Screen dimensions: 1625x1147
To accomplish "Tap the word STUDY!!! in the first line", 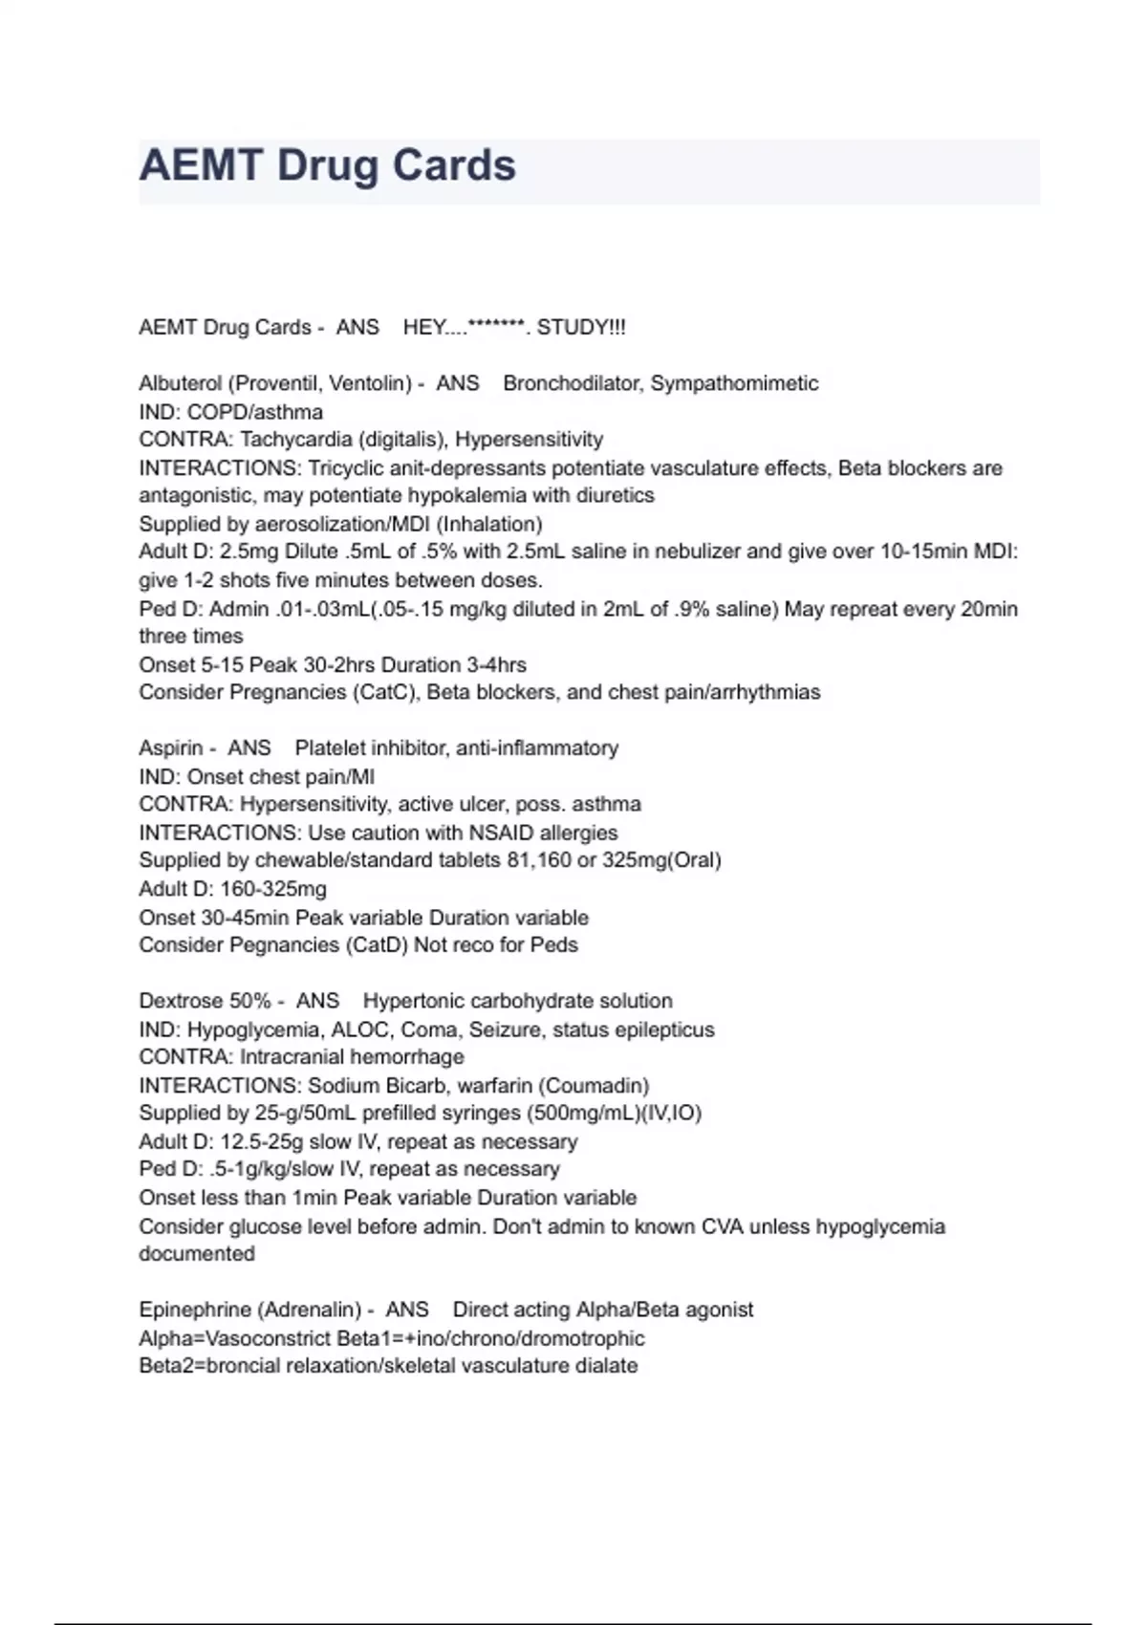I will click(581, 327).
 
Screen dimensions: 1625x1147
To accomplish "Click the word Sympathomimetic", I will click(734, 383).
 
